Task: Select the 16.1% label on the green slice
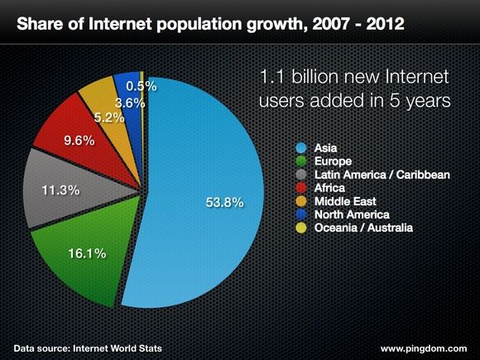86,253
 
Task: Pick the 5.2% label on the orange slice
108,118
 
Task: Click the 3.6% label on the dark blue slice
131,103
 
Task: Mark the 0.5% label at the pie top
141,85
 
